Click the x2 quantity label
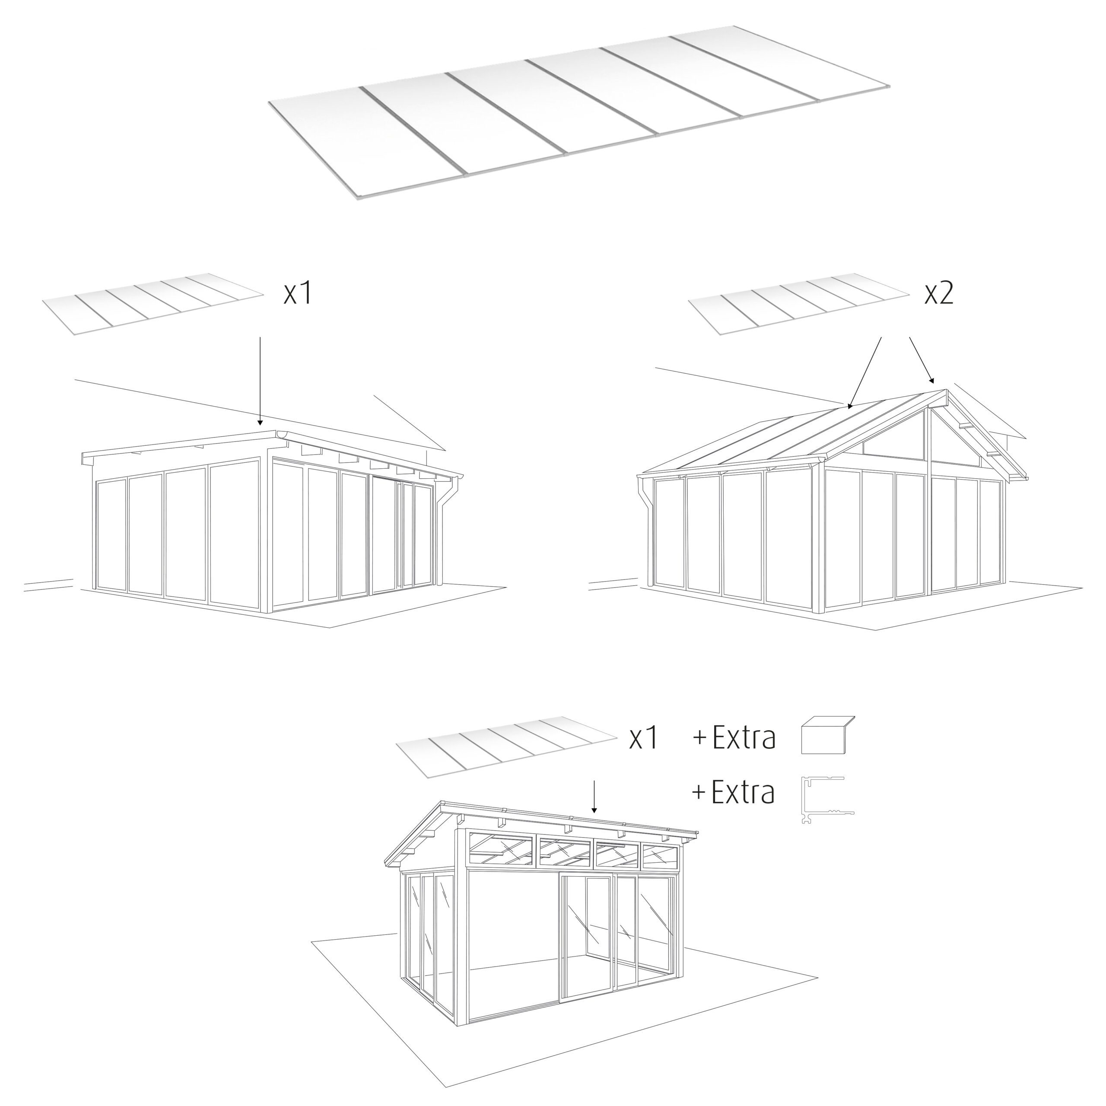point(939,293)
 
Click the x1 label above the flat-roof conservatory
point(298,293)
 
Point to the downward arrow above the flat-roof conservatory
point(260,381)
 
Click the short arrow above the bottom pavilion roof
point(594,796)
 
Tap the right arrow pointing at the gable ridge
point(922,360)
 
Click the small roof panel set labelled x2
point(798,304)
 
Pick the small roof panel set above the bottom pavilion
point(507,747)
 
